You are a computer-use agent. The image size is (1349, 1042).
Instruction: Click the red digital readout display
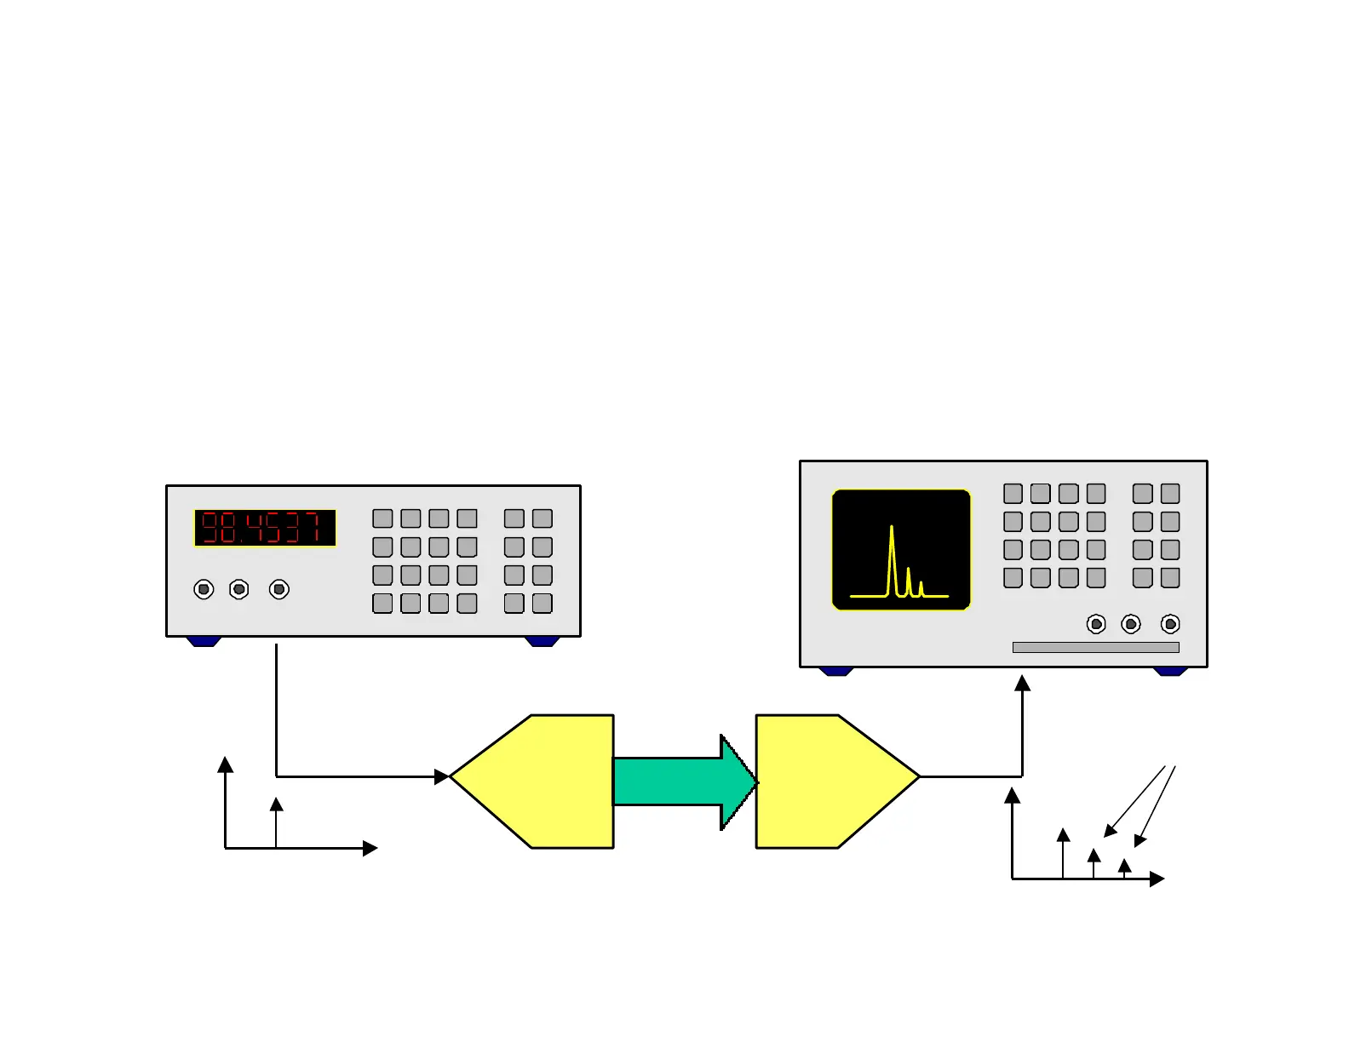[x=265, y=528]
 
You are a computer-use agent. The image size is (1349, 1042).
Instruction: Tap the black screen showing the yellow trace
[x=901, y=550]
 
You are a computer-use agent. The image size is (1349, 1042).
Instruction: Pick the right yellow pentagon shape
[x=826, y=781]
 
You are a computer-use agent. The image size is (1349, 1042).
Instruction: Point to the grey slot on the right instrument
[x=1095, y=647]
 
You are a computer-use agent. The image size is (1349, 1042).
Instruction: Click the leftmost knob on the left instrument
[x=204, y=589]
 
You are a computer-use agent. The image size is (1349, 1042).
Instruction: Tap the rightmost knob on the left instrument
[x=278, y=589]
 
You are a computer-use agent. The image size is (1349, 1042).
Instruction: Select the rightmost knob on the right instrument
[x=1170, y=624]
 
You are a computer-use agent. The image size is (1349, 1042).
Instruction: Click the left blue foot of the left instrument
[x=204, y=641]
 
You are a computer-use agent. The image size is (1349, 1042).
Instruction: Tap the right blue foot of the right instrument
[x=1170, y=672]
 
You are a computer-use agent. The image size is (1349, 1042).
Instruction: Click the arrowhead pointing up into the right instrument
[x=1023, y=683]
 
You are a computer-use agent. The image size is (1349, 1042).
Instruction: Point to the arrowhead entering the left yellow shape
[x=441, y=776]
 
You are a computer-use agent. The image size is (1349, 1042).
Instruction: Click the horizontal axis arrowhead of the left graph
[x=370, y=848]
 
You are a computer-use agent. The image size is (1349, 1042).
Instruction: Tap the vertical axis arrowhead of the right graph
[x=1012, y=796]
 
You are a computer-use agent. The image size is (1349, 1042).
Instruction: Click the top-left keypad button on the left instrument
[x=382, y=518]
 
